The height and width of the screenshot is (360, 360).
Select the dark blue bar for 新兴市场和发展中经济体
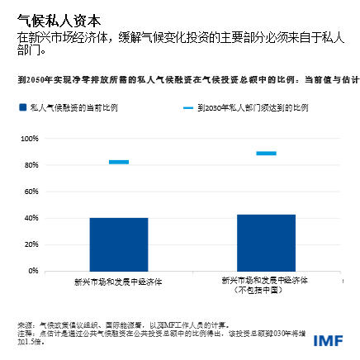(x=119, y=244)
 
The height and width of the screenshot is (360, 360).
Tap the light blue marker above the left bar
(x=119, y=162)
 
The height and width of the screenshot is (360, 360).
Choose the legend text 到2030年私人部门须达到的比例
(x=253, y=107)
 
